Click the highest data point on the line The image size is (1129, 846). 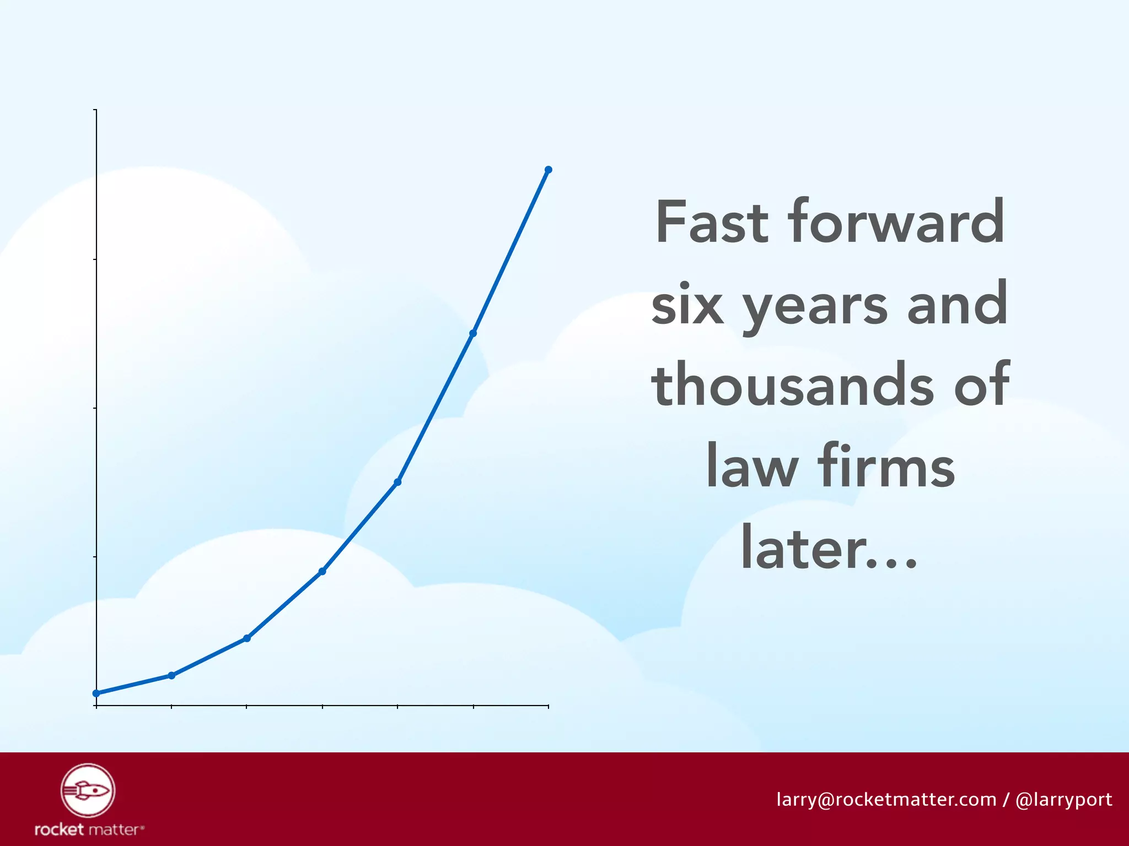[x=548, y=170]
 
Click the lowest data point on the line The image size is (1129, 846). [x=96, y=693]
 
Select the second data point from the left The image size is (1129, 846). [x=171, y=675]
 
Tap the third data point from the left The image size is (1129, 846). [x=247, y=638]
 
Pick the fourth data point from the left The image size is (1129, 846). [x=322, y=571]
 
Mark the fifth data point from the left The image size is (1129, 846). [x=397, y=482]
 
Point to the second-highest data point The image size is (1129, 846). [x=473, y=333]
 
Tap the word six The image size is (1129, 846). [x=687, y=305]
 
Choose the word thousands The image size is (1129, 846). [x=793, y=385]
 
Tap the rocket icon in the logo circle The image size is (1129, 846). [x=88, y=790]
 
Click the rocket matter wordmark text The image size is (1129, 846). [x=89, y=829]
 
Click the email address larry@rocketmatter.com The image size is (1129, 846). [x=886, y=799]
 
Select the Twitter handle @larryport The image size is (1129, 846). [x=1063, y=800]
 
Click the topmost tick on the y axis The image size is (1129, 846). [x=96, y=110]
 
